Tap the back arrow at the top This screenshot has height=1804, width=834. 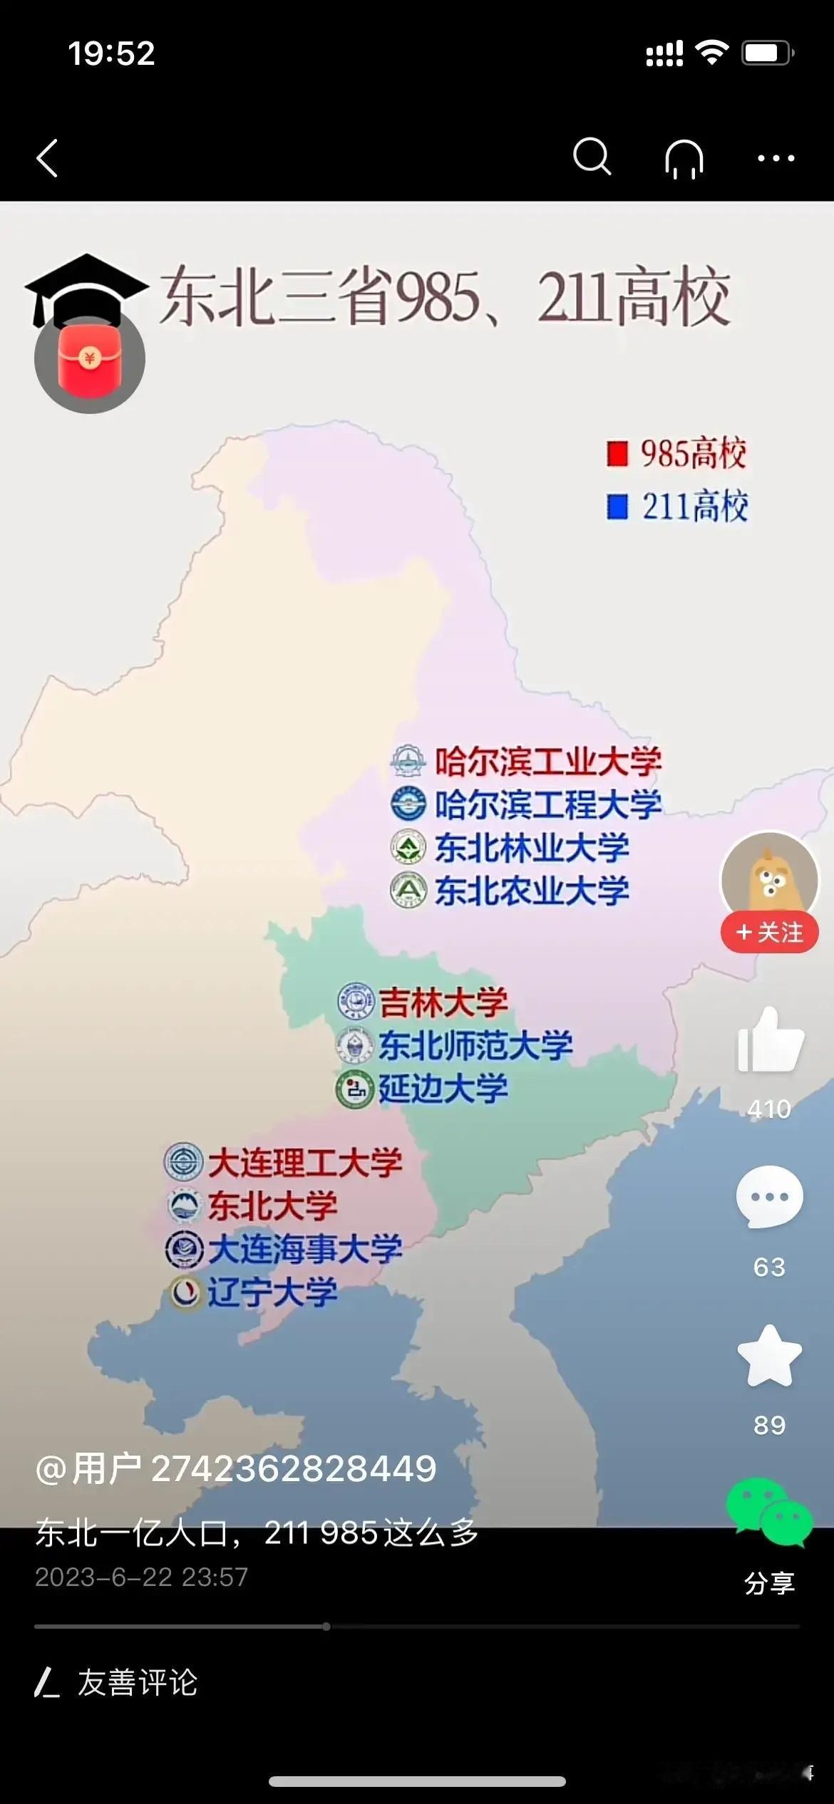(48, 157)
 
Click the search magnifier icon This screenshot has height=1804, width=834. (592, 157)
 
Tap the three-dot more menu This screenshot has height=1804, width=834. (776, 158)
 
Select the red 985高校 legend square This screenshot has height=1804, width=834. (617, 454)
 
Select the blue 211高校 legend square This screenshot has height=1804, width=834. (617, 507)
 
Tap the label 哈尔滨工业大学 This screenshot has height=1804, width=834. (548, 762)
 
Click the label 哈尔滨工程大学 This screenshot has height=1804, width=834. (548, 804)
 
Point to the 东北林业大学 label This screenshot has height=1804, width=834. (532, 848)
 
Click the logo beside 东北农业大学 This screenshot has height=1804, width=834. (408, 890)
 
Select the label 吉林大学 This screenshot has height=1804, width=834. (443, 1002)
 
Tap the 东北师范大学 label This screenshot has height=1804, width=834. (475, 1045)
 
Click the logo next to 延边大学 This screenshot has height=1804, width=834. (355, 1089)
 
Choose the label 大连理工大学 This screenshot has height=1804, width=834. (305, 1163)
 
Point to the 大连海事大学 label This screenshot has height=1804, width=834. (305, 1249)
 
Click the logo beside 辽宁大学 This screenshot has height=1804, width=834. (185, 1292)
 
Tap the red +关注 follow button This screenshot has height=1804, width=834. (769, 932)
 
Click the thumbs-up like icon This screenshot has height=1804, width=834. (770, 1041)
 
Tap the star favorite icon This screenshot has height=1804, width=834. (770, 1357)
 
